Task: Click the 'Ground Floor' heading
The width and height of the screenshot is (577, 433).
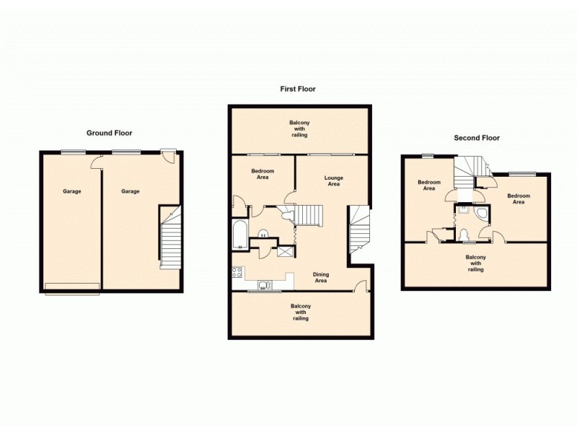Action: tap(109, 133)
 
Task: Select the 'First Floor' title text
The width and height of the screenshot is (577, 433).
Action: tap(298, 89)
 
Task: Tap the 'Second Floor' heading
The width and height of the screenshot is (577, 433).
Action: tap(476, 138)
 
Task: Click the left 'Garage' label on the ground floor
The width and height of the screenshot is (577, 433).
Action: tap(71, 191)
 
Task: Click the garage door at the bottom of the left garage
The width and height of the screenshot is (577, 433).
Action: tap(72, 289)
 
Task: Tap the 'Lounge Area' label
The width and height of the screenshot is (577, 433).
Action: tap(332, 180)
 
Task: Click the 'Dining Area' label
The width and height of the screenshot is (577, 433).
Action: tap(320, 277)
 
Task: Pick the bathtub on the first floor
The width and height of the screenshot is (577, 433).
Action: tap(239, 235)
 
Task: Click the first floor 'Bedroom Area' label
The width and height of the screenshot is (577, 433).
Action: tap(260, 174)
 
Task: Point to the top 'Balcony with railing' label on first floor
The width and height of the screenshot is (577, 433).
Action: tap(299, 128)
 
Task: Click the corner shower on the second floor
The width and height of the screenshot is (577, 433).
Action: tap(482, 214)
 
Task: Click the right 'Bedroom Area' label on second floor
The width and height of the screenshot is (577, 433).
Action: tap(518, 198)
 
